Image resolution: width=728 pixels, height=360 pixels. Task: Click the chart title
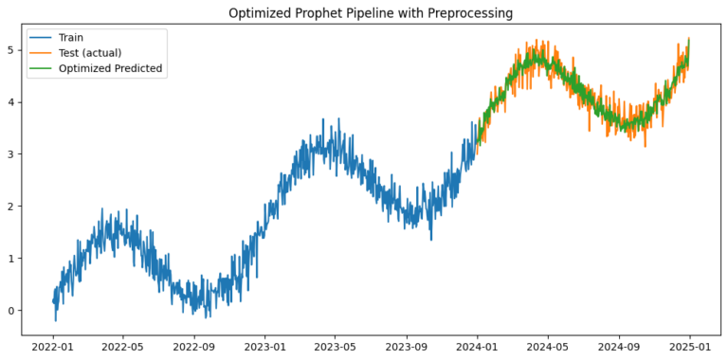coord(370,13)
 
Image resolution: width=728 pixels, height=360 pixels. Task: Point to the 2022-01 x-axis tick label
coord(53,346)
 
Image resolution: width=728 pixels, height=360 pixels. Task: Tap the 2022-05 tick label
coord(123,346)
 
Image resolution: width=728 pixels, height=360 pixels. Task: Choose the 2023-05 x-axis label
coord(337,346)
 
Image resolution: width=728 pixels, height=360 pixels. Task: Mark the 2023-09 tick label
coord(408,346)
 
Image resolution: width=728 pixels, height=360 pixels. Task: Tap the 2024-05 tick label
coord(549,346)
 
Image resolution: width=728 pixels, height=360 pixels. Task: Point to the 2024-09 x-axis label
coord(620,346)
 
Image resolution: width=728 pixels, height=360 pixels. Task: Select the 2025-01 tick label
coord(691,346)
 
